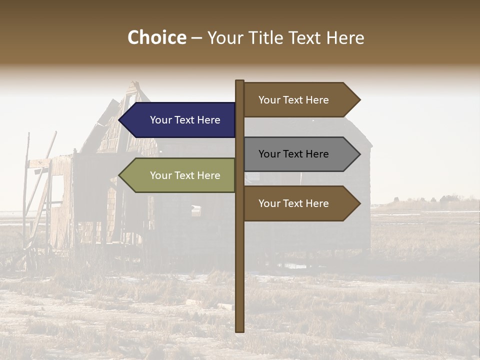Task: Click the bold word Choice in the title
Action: click(156, 37)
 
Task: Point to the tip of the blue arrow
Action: click(120, 120)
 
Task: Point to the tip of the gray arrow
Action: click(359, 154)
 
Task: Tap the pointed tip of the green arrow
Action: click(120, 175)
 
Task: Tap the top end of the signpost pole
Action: click(240, 81)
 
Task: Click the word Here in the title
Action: click(345, 37)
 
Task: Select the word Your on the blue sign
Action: click(160, 120)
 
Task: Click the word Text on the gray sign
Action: click(293, 154)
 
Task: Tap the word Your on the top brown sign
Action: click(269, 100)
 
